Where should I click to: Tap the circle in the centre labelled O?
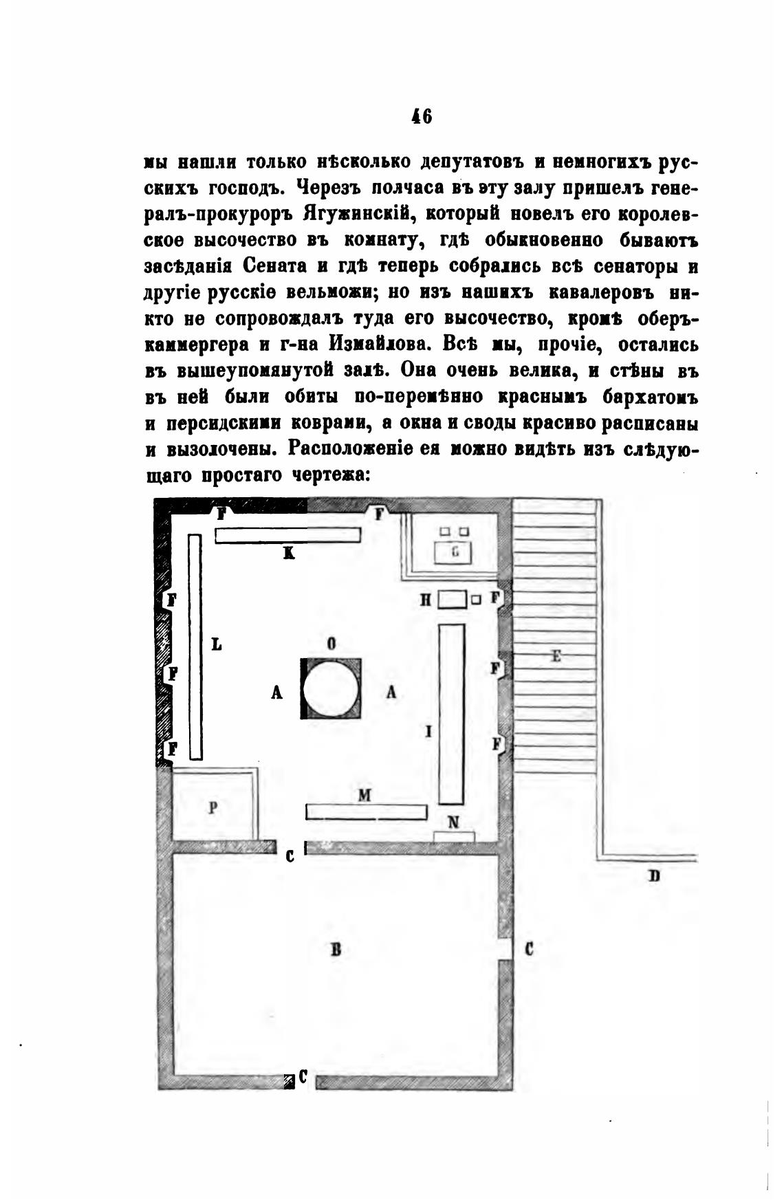point(331,689)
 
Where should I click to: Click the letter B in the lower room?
point(336,950)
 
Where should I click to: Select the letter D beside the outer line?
point(653,876)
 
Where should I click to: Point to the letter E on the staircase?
point(556,656)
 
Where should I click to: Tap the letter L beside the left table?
point(217,644)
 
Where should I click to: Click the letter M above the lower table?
point(364,795)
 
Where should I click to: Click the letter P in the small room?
point(213,809)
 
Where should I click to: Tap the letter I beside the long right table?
point(428,732)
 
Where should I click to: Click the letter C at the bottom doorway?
point(303,1078)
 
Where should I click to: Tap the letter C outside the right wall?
point(530,950)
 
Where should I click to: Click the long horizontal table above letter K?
point(288,535)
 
